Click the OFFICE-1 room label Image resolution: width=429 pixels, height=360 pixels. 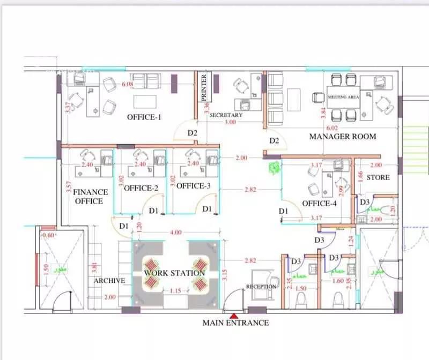click(x=144, y=117)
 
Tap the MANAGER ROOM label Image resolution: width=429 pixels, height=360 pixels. click(x=343, y=137)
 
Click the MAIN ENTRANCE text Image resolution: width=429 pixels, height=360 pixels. click(x=235, y=323)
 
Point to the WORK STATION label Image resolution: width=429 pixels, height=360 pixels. click(x=174, y=273)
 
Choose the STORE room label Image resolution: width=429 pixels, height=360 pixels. click(x=378, y=177)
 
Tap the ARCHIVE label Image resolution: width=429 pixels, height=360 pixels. click(x=109, y=281)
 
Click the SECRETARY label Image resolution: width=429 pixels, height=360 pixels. click(x=226, y=115)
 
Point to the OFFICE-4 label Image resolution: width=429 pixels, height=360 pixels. click(x=319, y=204)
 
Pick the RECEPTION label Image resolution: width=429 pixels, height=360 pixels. click(x=261, y=287)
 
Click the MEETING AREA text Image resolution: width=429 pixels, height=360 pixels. click(x=343, y=97)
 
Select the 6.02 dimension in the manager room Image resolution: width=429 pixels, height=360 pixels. click(x=332, y=128)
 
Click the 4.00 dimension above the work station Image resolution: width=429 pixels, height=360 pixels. click(x=175, y=232)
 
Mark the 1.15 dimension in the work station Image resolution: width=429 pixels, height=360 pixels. click(x=175, y=291)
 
